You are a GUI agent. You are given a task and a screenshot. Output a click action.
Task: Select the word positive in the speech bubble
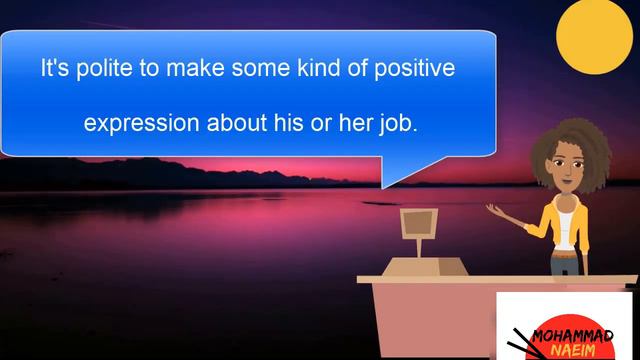pos(412,71)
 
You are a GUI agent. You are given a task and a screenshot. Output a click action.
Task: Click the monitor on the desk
pos(419,224)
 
